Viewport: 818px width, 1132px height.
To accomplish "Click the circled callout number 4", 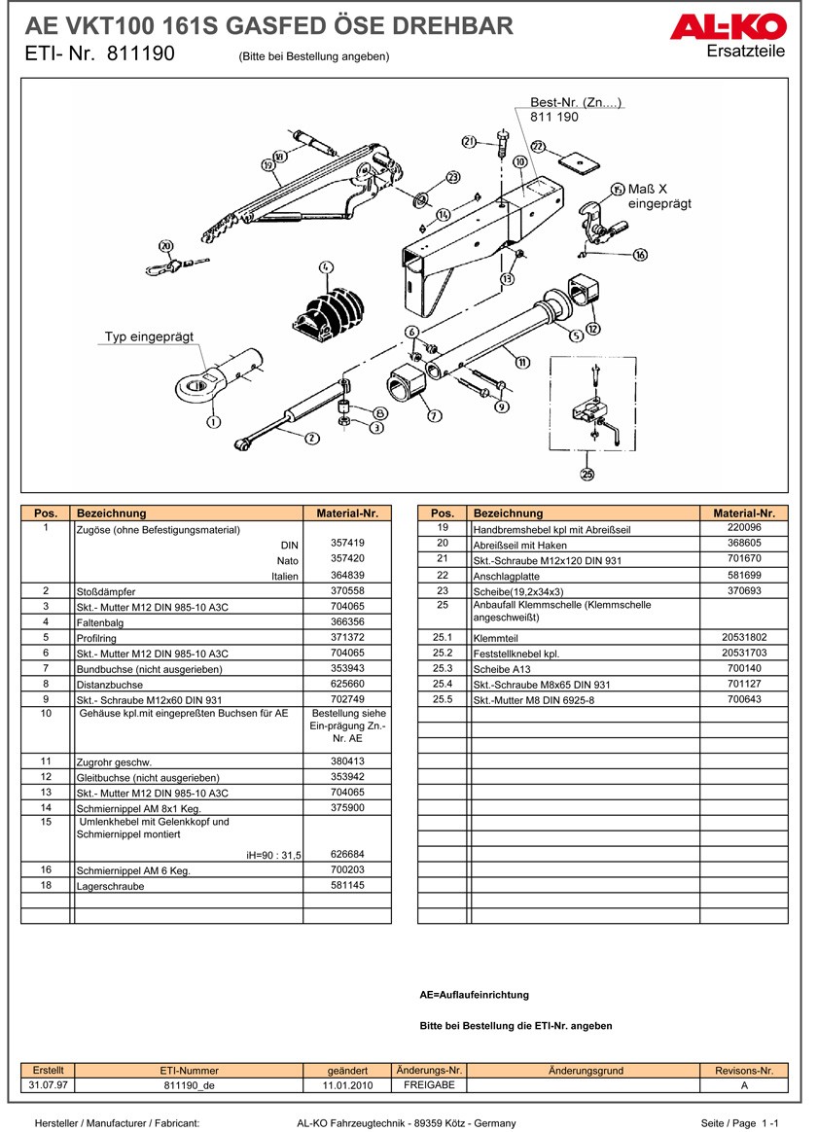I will [325, 266].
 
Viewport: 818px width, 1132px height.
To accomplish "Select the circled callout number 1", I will [212, 421].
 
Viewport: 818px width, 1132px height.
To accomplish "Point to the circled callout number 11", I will [522, 363].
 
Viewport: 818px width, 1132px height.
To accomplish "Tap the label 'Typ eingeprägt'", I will [149, 336].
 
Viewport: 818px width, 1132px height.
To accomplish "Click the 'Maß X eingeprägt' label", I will [658, 195].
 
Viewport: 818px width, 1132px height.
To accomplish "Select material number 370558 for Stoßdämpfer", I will [346, 590].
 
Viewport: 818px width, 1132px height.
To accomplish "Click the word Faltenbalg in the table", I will [99, 622].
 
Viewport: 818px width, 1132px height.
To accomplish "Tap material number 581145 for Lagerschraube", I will [346, 886].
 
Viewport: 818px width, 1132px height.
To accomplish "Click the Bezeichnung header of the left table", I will [111, 513].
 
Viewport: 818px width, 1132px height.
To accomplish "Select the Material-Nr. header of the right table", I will [743, 513].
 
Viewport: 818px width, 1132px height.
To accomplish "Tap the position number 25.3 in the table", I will [443, 668].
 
